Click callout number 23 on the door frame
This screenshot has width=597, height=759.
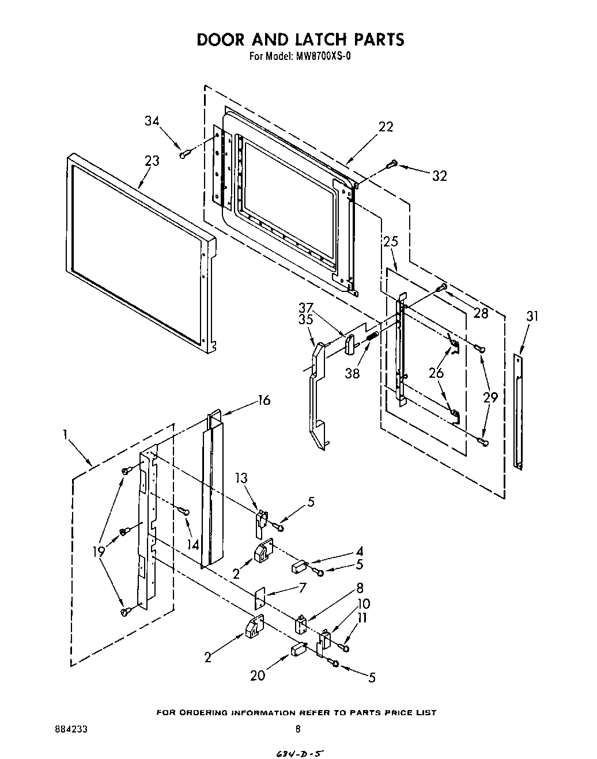[152, 161]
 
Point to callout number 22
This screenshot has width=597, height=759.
[386, 127]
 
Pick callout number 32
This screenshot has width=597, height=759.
[439, 176]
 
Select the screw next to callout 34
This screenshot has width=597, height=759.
[184, 154]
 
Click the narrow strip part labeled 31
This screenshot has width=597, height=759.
[519, 412]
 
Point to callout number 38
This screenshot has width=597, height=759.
[352, 373]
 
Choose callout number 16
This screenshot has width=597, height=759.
[263, 400]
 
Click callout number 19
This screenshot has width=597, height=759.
[99, 551]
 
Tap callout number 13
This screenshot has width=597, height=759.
[241, 477]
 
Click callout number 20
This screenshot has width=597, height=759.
[257, 675]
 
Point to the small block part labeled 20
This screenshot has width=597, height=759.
[298, 650]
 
